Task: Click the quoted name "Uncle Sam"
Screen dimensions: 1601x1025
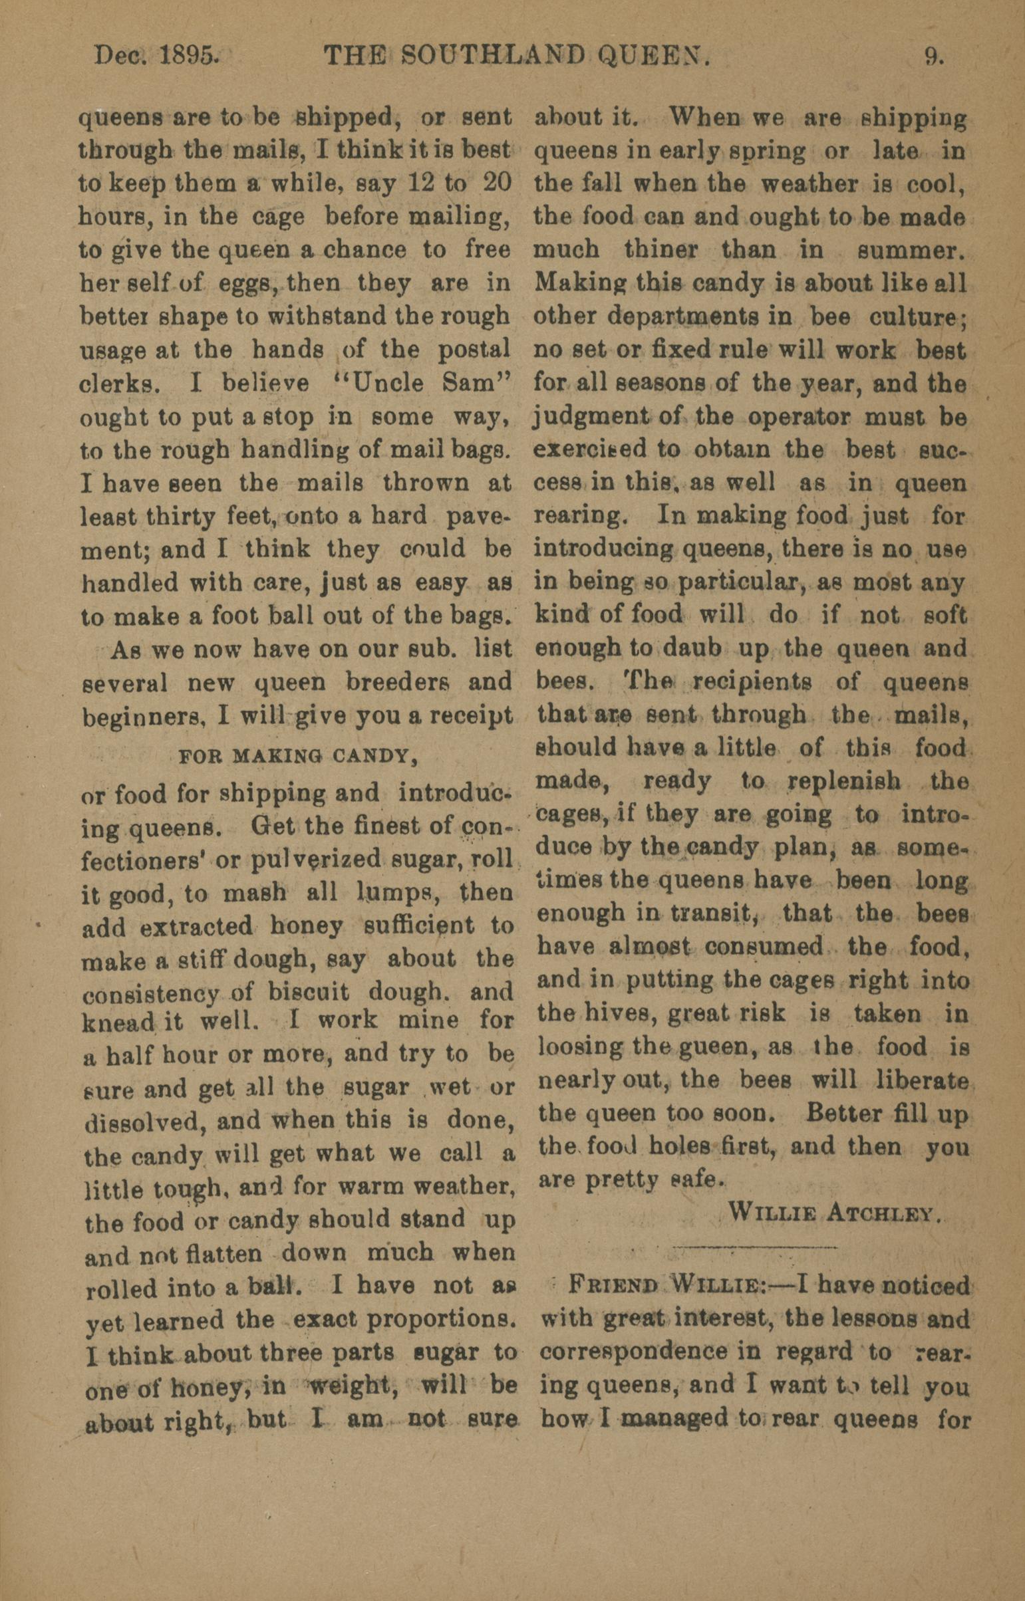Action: pyautogui.click(x=437, y=384)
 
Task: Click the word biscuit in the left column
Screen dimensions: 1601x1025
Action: pyautogui.click(x=309, y=993)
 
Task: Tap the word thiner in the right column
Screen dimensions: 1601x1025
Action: pyautogui.click(x=662, y=250)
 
